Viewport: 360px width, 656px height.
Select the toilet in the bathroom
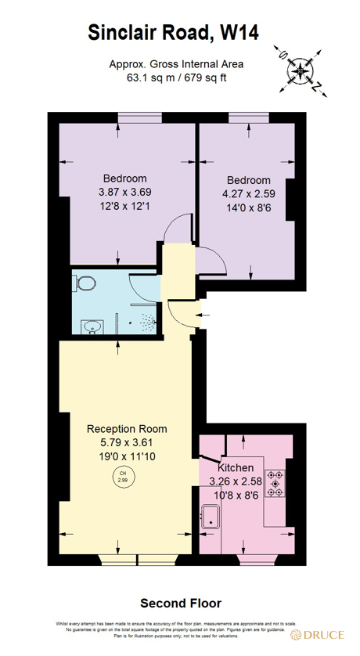point(87,283)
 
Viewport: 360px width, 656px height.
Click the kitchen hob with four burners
point(275,485)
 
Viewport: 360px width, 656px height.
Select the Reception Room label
point(127,428)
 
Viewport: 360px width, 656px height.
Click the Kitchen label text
point(236,467)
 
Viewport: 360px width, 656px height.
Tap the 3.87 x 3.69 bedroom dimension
point(124,193)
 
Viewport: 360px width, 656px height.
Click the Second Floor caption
point(180,604)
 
